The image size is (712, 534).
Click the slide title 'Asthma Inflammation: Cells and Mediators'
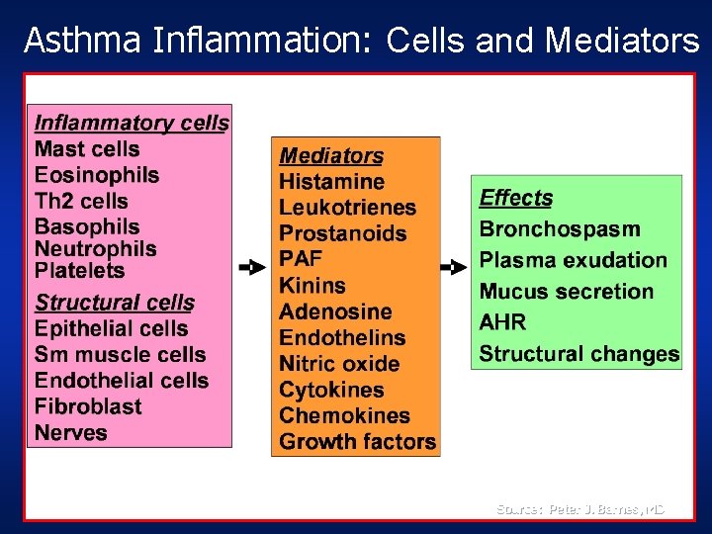pyautogui.click(x=361, y=40)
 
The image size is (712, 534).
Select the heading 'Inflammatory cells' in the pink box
pyautogui.click(x=131, y=124)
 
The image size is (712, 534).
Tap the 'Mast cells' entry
pyautogui.click(x=87, y=149)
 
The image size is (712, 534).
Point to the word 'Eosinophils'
pyautogui.click(x=97, y=175)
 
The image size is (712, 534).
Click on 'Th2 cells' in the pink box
pyautogui.click(x=81, y=201)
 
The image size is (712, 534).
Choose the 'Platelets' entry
pyautogui.click(x=80, y=270)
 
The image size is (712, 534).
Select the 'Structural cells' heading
pyautogui.click(x=115, y=303)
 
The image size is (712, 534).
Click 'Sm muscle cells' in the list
pyautogui.click(x=120, y=354)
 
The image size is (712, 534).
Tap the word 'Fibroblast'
pyautogui.click(x=88, y=406)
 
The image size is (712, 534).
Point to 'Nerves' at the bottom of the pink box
pyautogui.click(x=70, y=432)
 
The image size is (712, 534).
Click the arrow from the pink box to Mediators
pyautogui.click(x=252, y=267)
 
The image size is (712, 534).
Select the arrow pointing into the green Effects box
pyautogui.click(x=453, y=267)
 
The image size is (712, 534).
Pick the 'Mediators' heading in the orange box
pyautogui.click(x=331, y=155)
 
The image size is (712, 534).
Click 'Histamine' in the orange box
pyautogui.click(x=331, y=182)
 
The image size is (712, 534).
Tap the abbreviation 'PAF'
pyautogui.click(x=301, y=259)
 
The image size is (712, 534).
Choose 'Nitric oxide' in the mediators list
pyautogui.click(x=339, y=363)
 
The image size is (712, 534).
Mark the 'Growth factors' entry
pyautogui.click(x=357, y=441)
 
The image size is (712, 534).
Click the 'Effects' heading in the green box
pyautogui.click(x=515, y=198)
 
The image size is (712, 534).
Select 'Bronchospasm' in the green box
pyautogui.click(x=560, y=229)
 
